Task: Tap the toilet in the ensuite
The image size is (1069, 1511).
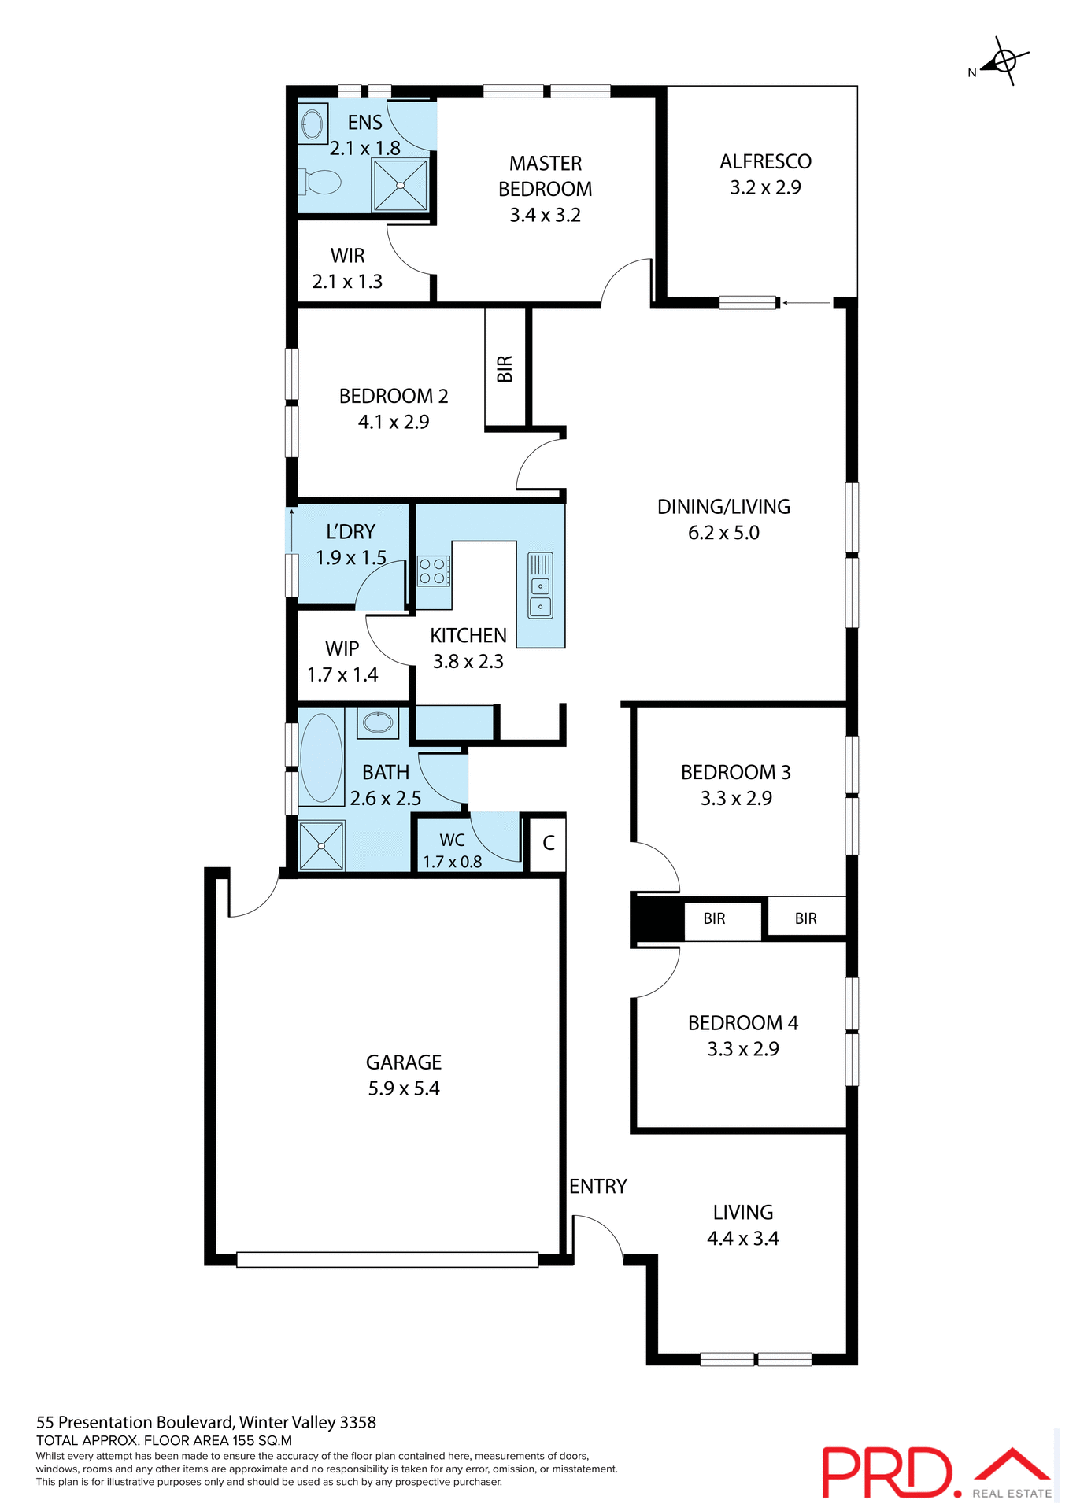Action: point(320,183)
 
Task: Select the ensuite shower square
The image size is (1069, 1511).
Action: point(400,186)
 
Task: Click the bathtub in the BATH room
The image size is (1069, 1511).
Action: point(321,757)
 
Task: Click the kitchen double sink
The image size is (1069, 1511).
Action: point(540,596)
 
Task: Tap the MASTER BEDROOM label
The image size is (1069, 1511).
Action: point(545,176)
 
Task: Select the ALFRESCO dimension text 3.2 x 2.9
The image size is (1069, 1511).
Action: point(765,188)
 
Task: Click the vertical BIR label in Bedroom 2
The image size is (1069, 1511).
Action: point(505,368)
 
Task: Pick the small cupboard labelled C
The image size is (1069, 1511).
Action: point(549,844)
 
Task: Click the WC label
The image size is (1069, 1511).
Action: point(452,840)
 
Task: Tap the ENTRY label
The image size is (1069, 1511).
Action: point(597,1187)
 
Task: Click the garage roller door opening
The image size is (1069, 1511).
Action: point(387,1259)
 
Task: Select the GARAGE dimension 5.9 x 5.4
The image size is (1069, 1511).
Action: point(404,1089)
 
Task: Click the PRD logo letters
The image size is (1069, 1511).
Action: point(887,1472)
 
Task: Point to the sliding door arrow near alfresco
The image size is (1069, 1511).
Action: point(806,302)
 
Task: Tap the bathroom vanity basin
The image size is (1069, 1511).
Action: point(378,722)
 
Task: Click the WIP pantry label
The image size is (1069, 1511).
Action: point(342,649)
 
